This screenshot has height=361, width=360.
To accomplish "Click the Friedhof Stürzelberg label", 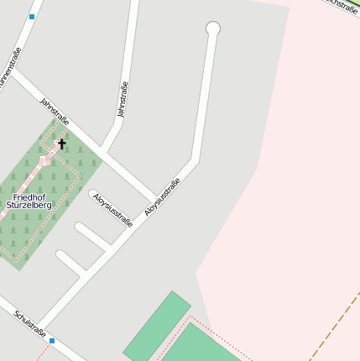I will tap(29, 200).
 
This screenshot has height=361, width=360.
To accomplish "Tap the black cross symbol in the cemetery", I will tap(60, 144).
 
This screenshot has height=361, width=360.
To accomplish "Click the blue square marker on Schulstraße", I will tap(52, 340).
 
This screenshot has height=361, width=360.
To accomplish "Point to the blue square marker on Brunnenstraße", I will tap(32, 16).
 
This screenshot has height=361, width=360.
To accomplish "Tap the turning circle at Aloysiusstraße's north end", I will tap(213, 29).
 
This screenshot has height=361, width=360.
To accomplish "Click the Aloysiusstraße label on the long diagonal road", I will tap(163, 197).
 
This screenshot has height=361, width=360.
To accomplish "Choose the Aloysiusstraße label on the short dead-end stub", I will tap(112, 210).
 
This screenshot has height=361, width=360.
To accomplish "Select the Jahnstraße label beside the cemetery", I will tap(56, 114).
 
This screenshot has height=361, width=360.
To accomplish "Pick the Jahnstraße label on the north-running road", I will tap(123, 99).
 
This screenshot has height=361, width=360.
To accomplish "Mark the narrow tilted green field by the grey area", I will tap(157, 326).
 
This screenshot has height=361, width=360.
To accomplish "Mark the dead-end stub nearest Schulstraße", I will tap(71, 263).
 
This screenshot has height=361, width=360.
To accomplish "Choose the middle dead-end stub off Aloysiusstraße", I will tap(92, 236).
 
